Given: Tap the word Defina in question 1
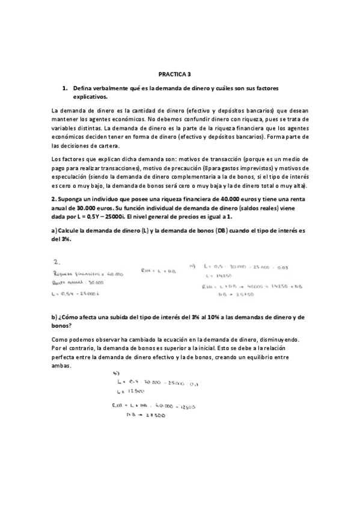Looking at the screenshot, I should [83, 88].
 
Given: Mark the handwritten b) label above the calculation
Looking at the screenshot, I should [117, 372].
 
